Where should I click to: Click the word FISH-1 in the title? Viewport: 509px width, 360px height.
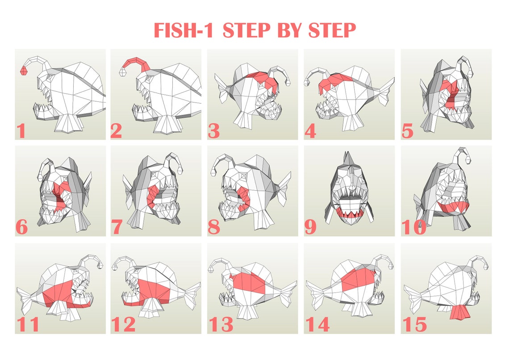point(185,31)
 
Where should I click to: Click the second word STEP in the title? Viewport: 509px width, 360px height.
point(332,31)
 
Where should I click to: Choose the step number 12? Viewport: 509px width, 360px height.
point(123,324)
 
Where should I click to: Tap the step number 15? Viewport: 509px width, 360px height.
point(414,324)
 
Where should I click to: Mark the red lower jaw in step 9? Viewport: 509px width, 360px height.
point(349,213)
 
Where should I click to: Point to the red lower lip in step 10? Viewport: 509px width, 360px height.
point(453,206)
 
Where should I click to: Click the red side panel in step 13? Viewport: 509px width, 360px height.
point(250,283)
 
